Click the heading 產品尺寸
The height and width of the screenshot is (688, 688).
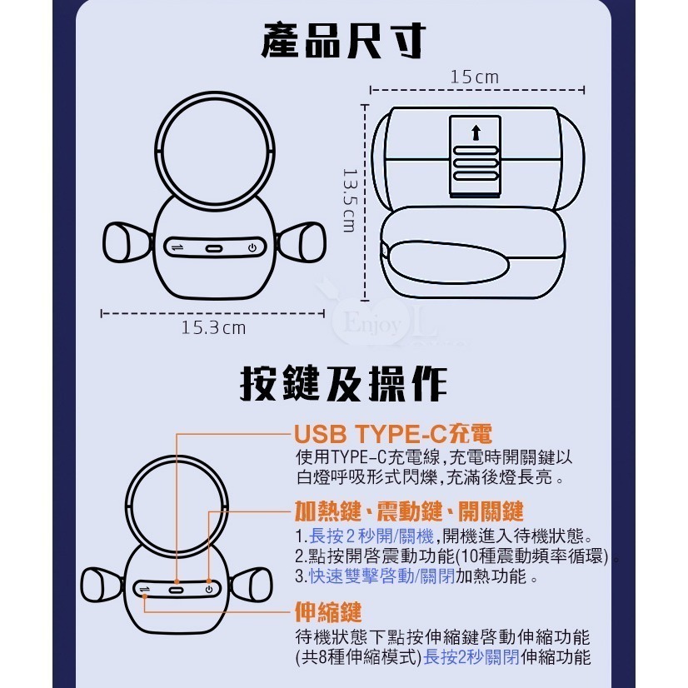pyautogui.click(x=343, y=41)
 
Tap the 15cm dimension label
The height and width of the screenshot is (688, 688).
pyautogui.click(x=474, y=77)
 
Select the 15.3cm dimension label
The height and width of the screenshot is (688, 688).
pyautogui.click(x=213, y=327)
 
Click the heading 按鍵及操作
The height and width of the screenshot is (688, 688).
pyautogui.click(x=343, y=384)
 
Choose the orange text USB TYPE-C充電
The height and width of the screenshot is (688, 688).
pyautogui.click(x=393, y=435)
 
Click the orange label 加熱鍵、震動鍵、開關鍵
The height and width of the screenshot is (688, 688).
pyautogui.click(x=409, y=510)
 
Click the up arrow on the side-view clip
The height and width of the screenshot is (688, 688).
pyautogui.click(x=476, y=132)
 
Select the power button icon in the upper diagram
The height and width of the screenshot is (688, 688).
pyautogui.click(x=252, y=247)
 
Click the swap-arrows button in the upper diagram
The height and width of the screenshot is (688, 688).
pyautogui.click(x=176, y=247)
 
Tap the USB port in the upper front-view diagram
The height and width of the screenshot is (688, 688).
pyautogui.click(x=214, y=247)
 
